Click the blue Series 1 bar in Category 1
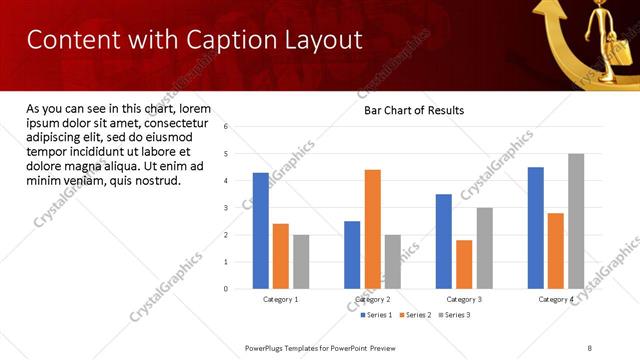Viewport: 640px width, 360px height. [x=261, y=230]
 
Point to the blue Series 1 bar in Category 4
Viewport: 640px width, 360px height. [x=536, y=227]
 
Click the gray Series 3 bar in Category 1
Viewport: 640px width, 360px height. [x=301, y=261]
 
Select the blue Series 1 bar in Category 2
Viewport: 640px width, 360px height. [x=352, y=254]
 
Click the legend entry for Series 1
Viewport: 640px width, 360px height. [x=377, y=315]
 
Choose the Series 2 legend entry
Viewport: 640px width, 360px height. [x=416, y=315]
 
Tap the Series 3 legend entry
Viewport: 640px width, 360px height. [x=453, y=315]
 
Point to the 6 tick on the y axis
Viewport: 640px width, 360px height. [x=227, y=127]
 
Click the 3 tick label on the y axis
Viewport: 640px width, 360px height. [x=227, y=208]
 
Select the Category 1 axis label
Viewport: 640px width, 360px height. [x=281, y=299]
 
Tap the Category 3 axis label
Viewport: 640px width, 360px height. [x=464, y=299]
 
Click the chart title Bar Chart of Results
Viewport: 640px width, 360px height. [x=413, y=110]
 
